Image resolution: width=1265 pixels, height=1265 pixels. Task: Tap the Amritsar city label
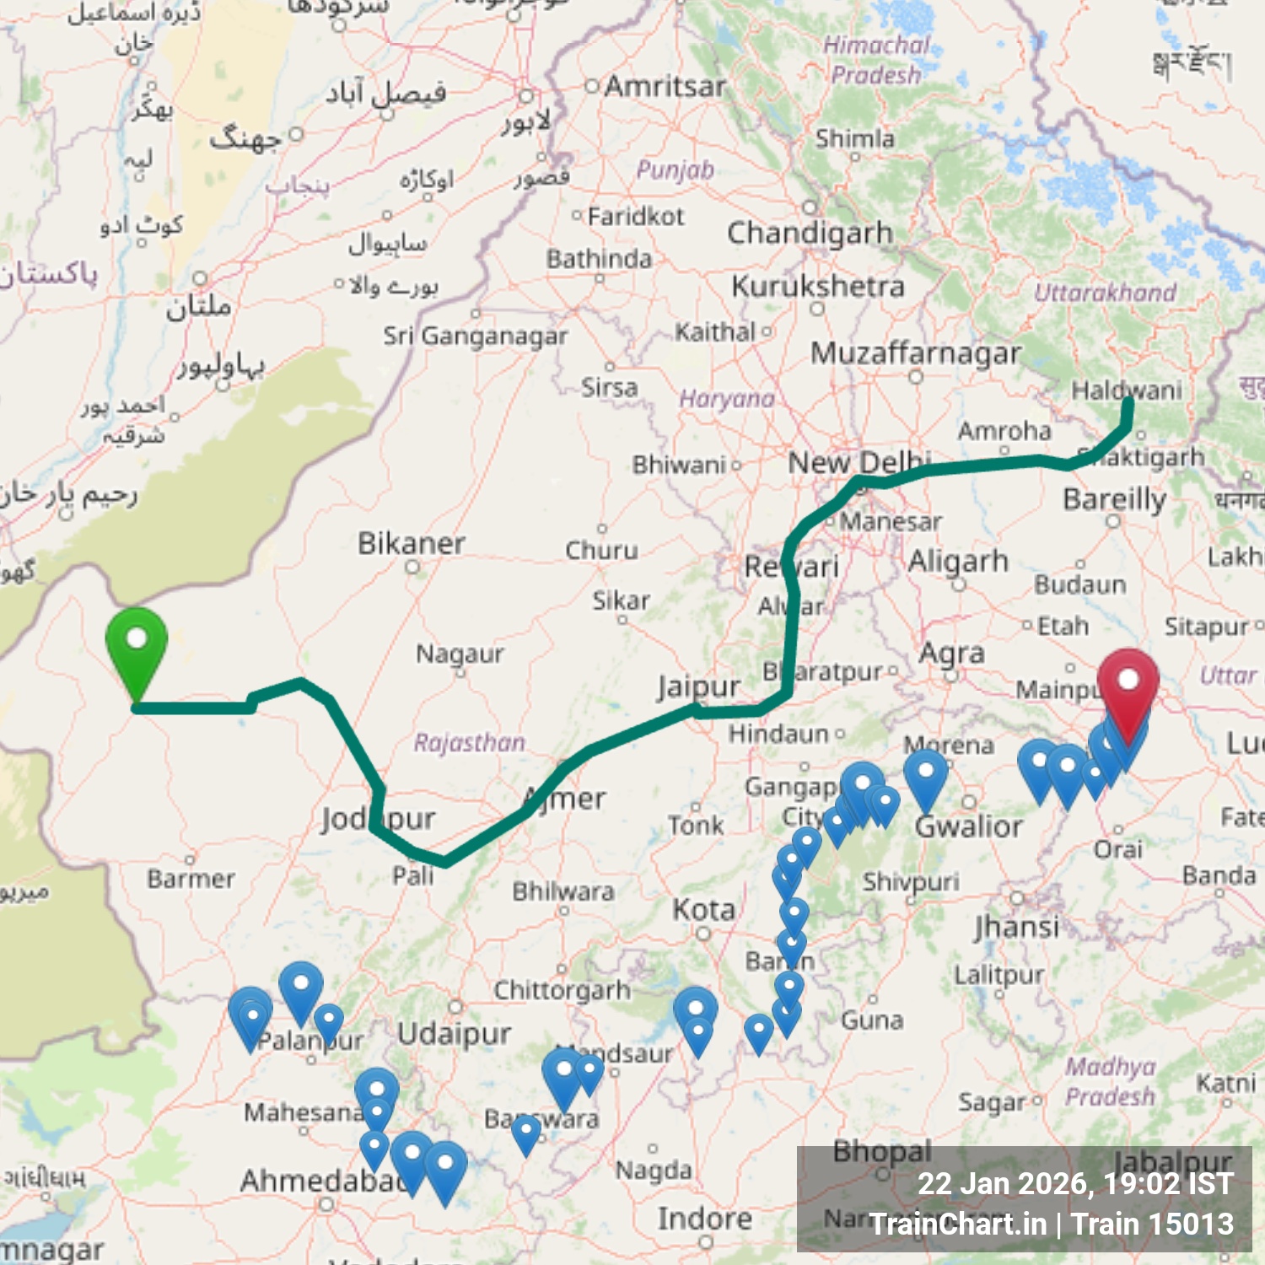pyautogui.click(x=665, y=86)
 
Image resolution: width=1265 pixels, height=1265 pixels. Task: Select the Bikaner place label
pyautogui.click(x=411, y=544)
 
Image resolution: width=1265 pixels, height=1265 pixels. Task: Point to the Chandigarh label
pyautogui.click(x=810, y=234)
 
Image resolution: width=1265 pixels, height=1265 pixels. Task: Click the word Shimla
pyautogui.click(x=854, y=138)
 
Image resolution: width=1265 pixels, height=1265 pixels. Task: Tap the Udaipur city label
pyautogui.click(x=454, y=1034)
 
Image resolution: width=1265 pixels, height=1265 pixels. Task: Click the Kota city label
pyautogui.click(x=703, y=910)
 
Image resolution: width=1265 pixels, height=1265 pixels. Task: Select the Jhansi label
pyautogui.click(x=1016, y=928)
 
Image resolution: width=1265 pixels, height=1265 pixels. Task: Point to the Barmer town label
pyautogui.click(x=191, y=879)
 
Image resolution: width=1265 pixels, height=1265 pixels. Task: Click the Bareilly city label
pyautogui.click(x=1114, y=499)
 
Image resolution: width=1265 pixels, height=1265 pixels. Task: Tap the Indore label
pyautogui.click(x=704, y=1219)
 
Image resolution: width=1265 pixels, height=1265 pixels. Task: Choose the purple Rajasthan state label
pyautogui.click(x=469, y=742)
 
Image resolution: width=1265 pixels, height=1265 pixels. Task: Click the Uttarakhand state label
pyautogui.click(x=1105, y=293)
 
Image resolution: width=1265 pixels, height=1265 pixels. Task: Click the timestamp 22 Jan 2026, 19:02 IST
pyautogui.click(x=1075, y=1183)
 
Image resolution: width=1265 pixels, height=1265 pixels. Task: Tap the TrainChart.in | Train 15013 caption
pyautogui.click(x=1052, y=1224)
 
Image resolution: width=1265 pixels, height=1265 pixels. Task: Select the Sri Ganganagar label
pyautogui.click(x=475, y=336)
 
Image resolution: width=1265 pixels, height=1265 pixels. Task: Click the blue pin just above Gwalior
pyautogui.click(x=925, y=774)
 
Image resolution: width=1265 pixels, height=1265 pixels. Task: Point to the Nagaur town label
pyautogui.click(x=460, y=654)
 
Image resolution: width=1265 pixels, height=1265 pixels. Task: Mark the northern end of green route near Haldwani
pyautogui.click(x=1128, y=401)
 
